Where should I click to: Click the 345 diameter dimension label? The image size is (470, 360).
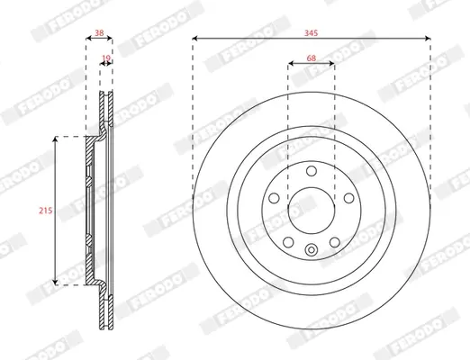point(311,33)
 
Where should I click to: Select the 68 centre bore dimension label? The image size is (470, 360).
point(312,58)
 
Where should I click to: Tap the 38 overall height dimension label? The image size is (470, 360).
point(99,32)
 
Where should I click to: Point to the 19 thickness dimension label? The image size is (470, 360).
point(106,58)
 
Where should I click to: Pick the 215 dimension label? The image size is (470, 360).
point(46,211)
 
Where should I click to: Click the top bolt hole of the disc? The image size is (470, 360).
point(312,171)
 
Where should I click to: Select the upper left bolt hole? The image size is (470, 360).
point(274,198)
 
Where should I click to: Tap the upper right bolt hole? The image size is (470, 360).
point(348,198)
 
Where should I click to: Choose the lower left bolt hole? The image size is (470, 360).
point(288,242)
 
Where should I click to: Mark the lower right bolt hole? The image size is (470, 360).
point(335,242)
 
